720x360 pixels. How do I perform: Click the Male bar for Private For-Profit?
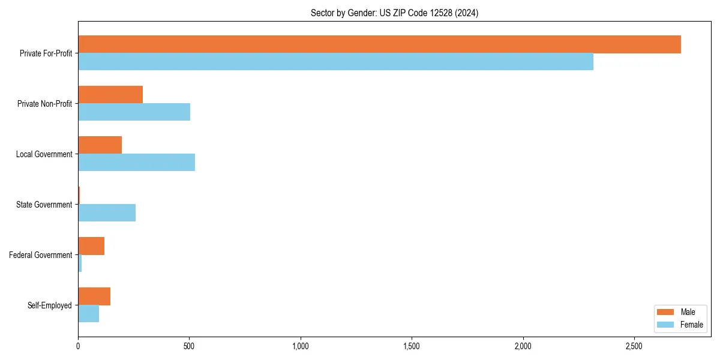[x=379, y=44]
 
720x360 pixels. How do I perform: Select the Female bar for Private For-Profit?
[x=335, y=62]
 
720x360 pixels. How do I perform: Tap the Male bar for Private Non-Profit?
[x=110, y=95]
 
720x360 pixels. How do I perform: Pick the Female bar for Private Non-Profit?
[x=134, y=112]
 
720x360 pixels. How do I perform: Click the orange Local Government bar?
[x=100, y=145]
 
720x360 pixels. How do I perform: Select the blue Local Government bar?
[x=136, y=163]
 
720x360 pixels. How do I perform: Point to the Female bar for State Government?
[x=107, y=213]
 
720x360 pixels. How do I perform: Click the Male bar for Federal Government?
[x=91, y=246]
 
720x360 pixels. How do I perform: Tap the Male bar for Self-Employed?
[x=94, y=296]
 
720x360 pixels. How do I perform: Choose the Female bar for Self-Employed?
[x=88, y=314]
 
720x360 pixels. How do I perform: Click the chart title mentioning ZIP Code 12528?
[x=394, y=13]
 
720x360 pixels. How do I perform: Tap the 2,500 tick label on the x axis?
[x=634, y=347]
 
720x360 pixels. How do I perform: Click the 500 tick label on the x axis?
[x=189, y=347]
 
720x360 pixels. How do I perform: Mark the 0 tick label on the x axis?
[x=78, y=347]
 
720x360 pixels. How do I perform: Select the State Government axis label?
[x=44, y=205]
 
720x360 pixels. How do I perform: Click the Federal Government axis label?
[x=41, y=255]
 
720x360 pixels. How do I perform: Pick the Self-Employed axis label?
[x=50, y=305]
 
